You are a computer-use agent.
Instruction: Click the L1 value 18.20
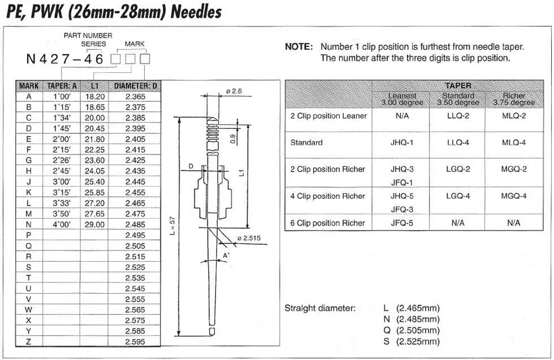[94, 97]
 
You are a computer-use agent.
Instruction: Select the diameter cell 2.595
[135, 341]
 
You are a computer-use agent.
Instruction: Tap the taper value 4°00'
[62, 224]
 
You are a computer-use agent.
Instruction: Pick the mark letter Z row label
[29, 341]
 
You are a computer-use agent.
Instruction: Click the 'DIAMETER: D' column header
[135, 86]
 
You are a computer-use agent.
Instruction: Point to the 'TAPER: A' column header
[62, 86]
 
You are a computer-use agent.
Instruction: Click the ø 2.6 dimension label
[233, 91]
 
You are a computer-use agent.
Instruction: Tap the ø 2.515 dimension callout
[249, 238]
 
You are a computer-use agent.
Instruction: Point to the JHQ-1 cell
[402, 142]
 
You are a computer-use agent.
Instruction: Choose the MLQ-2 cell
[514, 116]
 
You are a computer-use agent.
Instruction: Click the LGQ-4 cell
[458, 196]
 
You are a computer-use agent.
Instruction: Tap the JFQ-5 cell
[402, 223]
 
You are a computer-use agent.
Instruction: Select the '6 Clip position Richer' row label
[328, 223]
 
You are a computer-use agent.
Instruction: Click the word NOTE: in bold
[298, 47]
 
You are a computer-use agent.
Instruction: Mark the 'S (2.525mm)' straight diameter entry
[411, 341]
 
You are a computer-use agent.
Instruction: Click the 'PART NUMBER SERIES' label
[88, 40]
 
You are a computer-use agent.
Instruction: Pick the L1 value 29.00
[94, 224]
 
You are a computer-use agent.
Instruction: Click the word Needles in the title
[187, 11]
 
